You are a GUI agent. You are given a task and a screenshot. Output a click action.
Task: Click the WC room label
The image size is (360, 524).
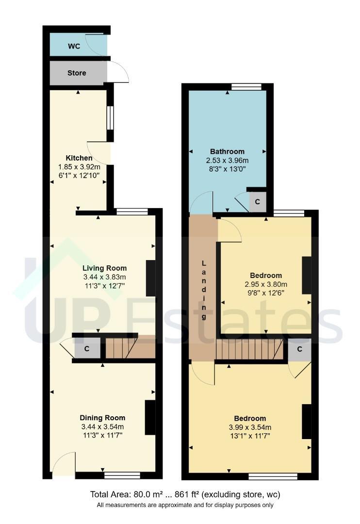coord(74,46)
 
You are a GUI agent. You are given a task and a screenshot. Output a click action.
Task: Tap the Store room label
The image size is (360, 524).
coord(77,73)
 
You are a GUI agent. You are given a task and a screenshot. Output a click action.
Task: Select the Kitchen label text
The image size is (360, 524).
coord(79,158)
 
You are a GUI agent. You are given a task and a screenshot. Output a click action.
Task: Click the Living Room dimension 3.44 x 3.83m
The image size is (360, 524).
coord(105,277)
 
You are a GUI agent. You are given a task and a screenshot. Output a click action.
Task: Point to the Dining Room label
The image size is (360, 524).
coord(102,418)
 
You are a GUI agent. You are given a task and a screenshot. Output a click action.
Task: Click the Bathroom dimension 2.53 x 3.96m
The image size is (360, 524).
coord(227,161)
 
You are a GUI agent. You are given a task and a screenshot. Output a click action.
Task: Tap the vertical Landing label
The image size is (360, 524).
coord(204,290)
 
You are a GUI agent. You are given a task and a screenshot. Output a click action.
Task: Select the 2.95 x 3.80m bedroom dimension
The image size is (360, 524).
coord(266,284)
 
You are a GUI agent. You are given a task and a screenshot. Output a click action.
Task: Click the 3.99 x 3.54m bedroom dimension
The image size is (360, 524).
coord(250,427)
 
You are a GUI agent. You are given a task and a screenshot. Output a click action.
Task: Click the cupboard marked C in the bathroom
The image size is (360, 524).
coord(258,202)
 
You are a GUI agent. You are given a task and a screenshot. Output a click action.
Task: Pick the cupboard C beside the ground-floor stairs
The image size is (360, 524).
coord(87,348)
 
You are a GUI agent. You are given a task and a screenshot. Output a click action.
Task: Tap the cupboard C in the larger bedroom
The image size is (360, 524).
coord(299,349)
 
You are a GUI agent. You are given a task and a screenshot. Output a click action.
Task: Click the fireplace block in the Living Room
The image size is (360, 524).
coord(151,278)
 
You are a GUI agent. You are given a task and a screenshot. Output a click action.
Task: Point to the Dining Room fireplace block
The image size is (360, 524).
coord(150,417)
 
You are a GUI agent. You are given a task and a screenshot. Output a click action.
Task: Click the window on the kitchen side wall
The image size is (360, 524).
coord(110,117)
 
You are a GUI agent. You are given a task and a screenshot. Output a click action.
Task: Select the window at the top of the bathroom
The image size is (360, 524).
coord(246,87)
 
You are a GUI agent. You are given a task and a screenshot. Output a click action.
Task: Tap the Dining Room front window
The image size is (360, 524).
coord(122,475)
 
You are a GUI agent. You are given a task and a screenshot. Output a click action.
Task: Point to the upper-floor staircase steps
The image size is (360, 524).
coord(249,349)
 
